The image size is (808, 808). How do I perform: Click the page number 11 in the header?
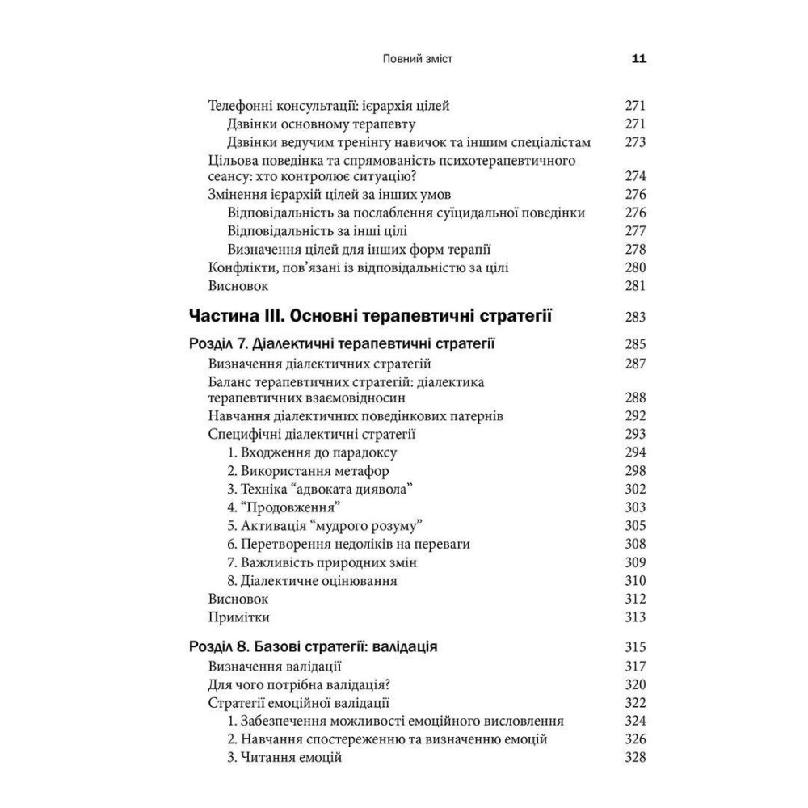point(638,59)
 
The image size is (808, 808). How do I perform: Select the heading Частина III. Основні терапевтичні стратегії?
point(369,315)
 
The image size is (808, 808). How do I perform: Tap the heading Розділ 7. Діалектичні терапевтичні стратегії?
point(341,344)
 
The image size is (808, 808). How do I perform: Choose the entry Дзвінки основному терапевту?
point(322,124)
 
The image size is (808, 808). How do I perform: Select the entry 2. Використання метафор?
point(308,470)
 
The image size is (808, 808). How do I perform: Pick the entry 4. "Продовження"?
point(284,507)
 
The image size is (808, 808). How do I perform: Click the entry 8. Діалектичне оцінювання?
point(312,580)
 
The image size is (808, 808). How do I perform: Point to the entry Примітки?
point(238,617)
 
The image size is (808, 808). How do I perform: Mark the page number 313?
point(635,617)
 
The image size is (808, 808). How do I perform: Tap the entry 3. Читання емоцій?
point(285,758)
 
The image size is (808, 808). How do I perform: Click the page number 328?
point(635,758)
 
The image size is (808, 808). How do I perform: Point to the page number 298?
point(635,470)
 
